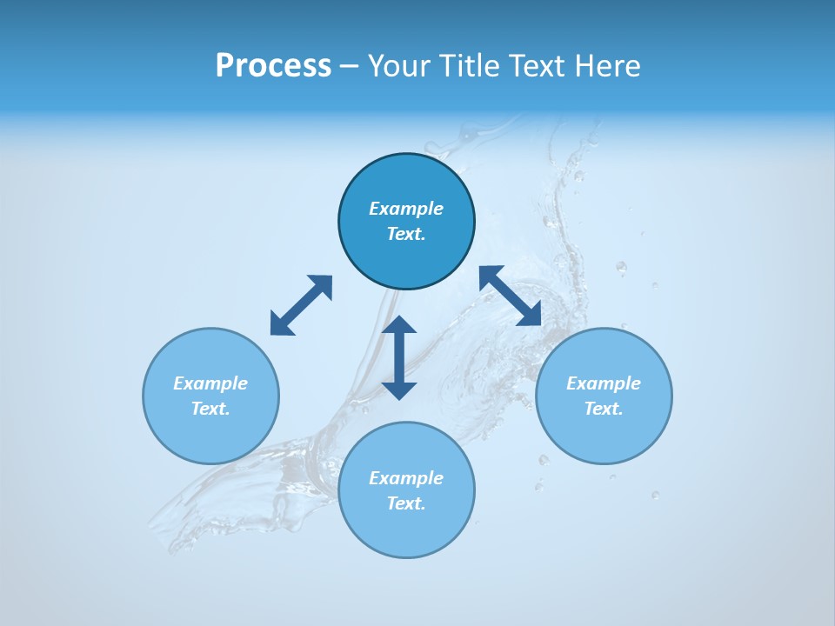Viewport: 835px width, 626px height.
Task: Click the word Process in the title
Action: [273, 66]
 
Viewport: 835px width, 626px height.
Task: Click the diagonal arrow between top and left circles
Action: [301, 305]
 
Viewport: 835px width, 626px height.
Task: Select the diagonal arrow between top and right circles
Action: [511, 296]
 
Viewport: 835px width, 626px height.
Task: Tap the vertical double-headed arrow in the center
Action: [399, 357]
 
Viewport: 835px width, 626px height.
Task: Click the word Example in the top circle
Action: [406, 209]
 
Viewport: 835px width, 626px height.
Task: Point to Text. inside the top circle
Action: [406, 234]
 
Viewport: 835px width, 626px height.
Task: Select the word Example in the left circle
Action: [210, 383]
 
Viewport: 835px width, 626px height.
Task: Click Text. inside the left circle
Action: [210, 409]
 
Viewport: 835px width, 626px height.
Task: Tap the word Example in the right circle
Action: [604, 383]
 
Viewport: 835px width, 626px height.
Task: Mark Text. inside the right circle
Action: [604, 409]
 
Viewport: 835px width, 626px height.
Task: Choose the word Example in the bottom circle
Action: [406, 478]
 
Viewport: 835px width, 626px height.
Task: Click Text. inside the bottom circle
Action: [406, 503]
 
